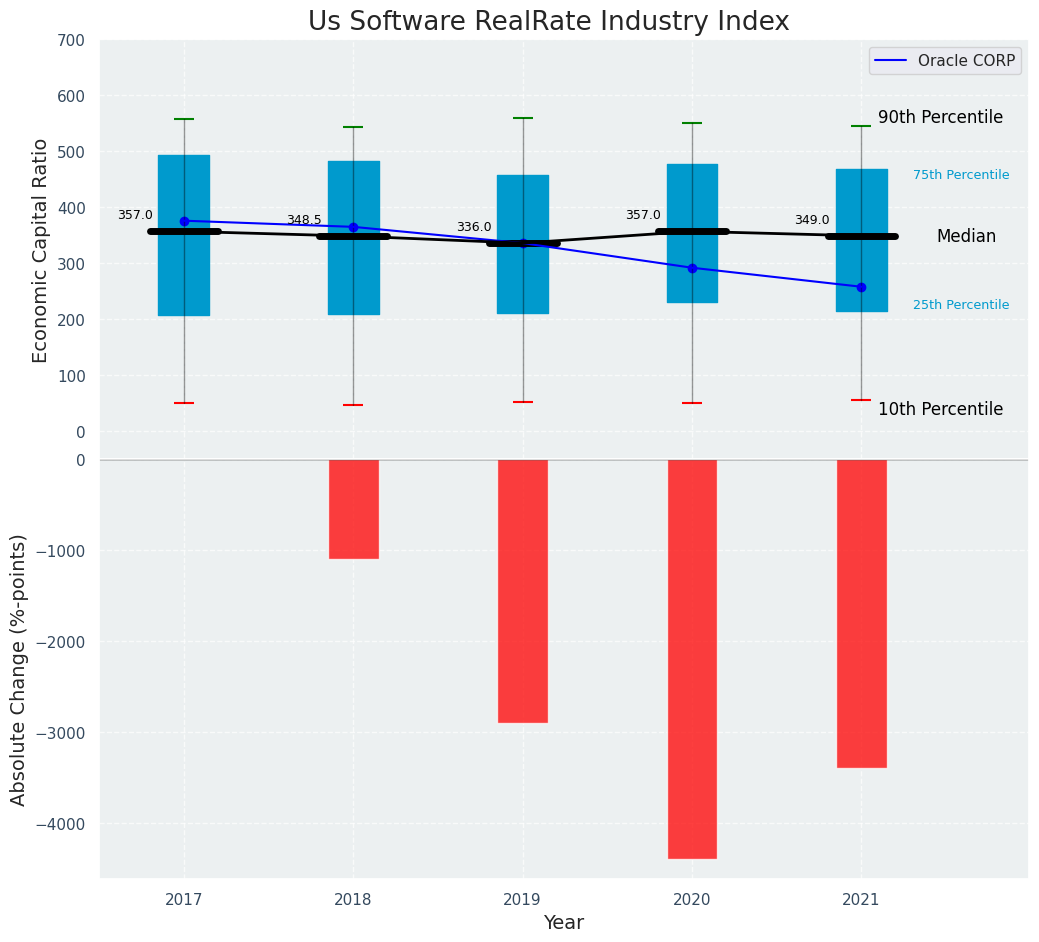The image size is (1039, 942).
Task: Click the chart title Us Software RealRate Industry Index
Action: coord(548,22)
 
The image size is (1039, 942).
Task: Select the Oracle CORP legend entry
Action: coord(945,61)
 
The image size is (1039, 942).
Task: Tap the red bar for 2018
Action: coord(353,509)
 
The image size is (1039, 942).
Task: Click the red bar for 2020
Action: coord(692,658)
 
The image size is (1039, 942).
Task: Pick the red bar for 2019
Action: coord(522,590)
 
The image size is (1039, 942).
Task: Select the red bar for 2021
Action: coord(861,613)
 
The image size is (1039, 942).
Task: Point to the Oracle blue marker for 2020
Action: coord(692,268)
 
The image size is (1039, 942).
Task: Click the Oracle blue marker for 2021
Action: coord(861,287)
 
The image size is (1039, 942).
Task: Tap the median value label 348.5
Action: coord(304,221)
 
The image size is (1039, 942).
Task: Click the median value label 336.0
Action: coord(474,228)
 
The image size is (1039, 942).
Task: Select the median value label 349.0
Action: coord(812,221)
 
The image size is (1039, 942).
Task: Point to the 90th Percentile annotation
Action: coord(940,118)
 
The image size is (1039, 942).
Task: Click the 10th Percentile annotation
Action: coord(940,410)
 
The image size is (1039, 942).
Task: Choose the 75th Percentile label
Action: coord(961,175)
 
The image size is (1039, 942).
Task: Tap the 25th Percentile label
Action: coord(961,305)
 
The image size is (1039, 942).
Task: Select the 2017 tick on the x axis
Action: coord(184,900)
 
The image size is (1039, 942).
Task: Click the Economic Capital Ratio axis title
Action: coord(41,250)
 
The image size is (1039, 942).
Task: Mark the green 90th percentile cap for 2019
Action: coord(522,118)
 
